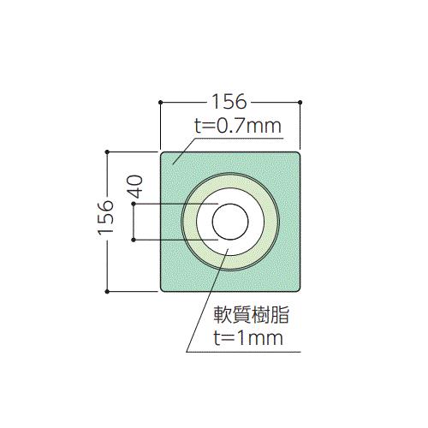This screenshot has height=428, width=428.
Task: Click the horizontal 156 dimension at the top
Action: [x=229, y=102]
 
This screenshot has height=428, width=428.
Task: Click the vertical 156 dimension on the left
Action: [x=105, y=217]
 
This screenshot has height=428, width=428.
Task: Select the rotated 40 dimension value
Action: [x=135, y=187]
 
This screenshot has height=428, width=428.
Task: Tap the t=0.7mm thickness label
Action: [x=238, y=126]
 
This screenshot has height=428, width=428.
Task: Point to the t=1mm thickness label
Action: [x=248, y=338]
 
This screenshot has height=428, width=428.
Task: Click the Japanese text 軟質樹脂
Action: [x=252, y=315]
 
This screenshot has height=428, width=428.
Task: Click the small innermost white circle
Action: [x=230, y=222]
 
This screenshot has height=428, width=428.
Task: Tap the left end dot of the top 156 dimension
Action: [x=160, y=102]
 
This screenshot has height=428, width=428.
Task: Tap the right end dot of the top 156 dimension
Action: [x=300, y=102]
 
